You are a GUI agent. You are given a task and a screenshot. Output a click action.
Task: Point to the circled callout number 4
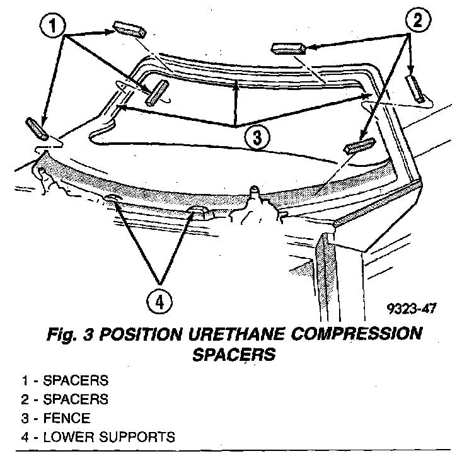(x=160, y=301)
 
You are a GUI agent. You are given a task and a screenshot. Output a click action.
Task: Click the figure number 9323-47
(x=413, y=309)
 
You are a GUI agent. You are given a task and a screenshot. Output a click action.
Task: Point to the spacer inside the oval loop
(x=155, y=93)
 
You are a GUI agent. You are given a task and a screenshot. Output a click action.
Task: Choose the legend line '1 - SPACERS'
(x=64, y=380)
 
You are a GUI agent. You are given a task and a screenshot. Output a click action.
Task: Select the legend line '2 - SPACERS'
(x=64, y=399)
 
